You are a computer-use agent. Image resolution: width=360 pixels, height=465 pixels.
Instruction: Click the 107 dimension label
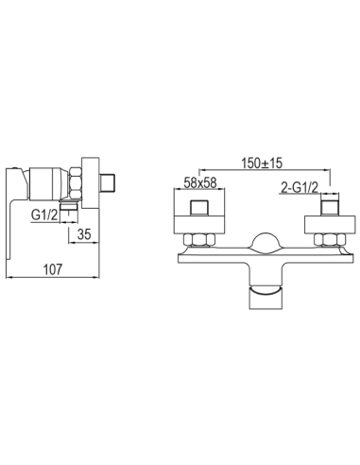point(53,269)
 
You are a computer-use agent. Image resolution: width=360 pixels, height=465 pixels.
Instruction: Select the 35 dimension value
point(84,234)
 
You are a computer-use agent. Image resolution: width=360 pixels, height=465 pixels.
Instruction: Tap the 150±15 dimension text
point(262,163)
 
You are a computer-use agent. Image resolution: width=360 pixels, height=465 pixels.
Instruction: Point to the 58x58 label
point(200,182)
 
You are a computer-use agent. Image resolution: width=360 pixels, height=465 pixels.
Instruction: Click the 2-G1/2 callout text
point(300,188)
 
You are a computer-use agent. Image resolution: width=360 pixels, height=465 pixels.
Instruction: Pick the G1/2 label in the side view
point(44,215)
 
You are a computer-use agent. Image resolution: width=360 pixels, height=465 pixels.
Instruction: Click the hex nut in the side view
point(76,184)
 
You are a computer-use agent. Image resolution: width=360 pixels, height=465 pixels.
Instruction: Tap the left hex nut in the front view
point(199,240)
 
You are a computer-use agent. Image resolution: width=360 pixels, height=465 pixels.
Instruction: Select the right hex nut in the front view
point(330,240)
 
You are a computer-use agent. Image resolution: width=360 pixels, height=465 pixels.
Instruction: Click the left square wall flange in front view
point(199,211)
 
